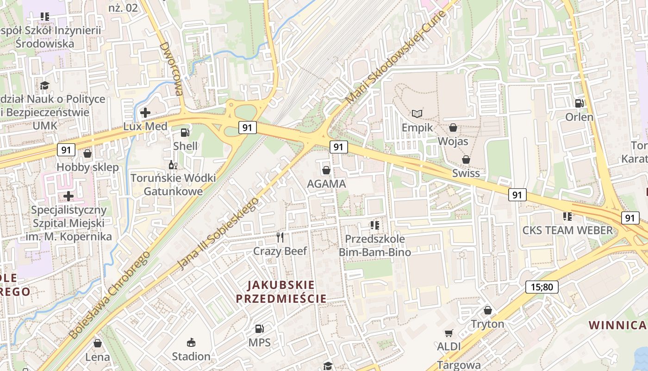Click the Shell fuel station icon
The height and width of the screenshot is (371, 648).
[185, 133]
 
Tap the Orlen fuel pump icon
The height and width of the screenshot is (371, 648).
[579, 103]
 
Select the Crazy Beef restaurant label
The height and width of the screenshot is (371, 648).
[280, 251]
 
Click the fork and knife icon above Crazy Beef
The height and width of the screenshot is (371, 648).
[280, 237]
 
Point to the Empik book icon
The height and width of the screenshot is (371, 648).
[417, 114]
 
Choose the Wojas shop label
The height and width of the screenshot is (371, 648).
[453, 141]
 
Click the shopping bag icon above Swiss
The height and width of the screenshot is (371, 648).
[466, 160]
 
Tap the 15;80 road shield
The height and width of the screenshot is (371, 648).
[542, 287]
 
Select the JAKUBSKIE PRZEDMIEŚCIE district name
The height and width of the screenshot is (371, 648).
[281, 291]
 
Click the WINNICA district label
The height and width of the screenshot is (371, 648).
[617, 325]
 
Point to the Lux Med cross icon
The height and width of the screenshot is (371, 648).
[145, 112]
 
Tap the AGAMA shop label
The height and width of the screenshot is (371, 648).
[326, 184]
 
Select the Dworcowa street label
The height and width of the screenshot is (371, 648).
[171, 69]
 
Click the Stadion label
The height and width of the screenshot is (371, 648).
[191, 356]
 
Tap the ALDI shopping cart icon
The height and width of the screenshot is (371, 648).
[448, 333]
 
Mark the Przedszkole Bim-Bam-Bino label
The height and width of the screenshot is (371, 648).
[375, 246]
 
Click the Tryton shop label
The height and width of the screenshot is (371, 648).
[487, 324]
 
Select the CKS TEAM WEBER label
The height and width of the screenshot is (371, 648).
[567, 230]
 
